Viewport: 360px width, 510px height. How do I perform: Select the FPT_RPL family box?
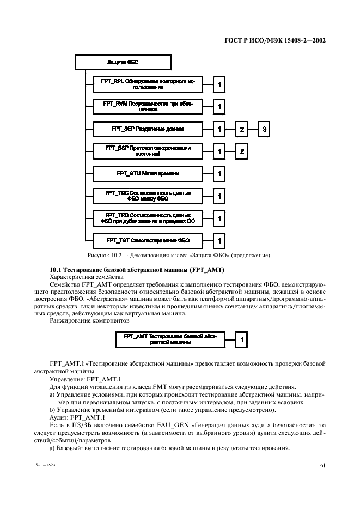pyautogui.click(x=148, y=84)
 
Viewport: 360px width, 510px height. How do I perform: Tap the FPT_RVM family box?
pyautogui.click(x=148, y=106)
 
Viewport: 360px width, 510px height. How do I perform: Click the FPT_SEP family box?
pyautogui.click(x=148, y=129)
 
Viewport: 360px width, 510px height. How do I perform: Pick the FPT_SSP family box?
pyautogui.click(x=148, y=151)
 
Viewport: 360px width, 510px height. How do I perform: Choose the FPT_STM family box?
pyautogui.click(x=148, y=173)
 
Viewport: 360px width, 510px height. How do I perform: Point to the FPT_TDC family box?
pyautogui.click(x=148, y=196)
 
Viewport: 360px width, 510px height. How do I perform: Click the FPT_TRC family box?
pyautogui.click(x=148, y=218)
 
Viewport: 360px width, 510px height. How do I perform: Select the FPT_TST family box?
pyautogui.click(x=148, y=240)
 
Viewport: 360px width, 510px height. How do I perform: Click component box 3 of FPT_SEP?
pyautogui.click(x=264, y=129)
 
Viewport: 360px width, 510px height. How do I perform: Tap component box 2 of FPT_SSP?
pyautogui.click(x=241, y=151)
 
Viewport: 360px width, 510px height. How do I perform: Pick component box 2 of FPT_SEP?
pyautogui.click(x=241, y=129)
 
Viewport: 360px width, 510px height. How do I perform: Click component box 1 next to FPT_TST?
pyautogui.click(x=219, y=240)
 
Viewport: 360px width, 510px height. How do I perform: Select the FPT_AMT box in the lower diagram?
pyautogui.click(x=170, y=339)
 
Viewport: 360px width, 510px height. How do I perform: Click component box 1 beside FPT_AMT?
pyautogui.click(x=241, y=339)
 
